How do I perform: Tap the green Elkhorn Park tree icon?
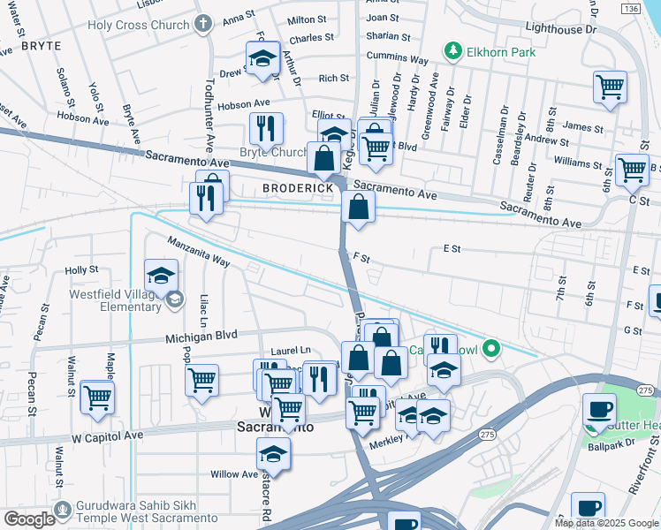pos(453,51)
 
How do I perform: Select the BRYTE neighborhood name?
pos(42,45)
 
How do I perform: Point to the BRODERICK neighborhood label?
pos(298,189)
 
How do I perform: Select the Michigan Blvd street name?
pos(202,336)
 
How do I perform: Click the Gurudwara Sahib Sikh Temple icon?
pos(62,511)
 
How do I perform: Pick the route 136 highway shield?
pos(629,8)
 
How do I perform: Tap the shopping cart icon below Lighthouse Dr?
pos(610,87)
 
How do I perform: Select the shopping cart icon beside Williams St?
pos(632,169)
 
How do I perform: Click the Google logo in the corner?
pos(28,519)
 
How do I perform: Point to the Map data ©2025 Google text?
pos(606,523)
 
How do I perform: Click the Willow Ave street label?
pos(234,474)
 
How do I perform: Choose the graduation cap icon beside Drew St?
pos(262,57)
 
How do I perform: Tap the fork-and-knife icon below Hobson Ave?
pos(266,128)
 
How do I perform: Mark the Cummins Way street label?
pos(398,60)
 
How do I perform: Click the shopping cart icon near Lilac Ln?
pos(202,380)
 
